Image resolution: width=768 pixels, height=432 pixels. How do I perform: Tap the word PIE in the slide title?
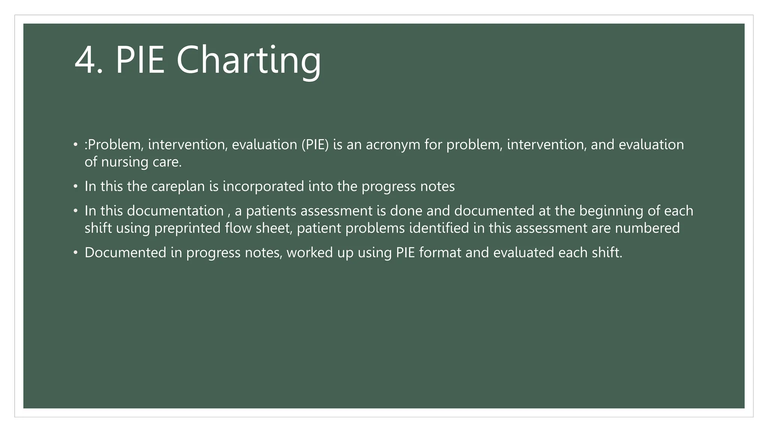140,60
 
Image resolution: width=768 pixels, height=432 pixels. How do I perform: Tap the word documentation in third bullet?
175,211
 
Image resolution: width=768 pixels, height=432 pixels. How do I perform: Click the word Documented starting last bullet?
125,253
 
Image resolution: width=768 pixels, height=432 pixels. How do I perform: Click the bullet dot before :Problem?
75,145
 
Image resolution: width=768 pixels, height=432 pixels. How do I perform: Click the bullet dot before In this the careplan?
75,186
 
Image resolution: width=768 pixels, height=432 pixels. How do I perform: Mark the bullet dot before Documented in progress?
75,253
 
